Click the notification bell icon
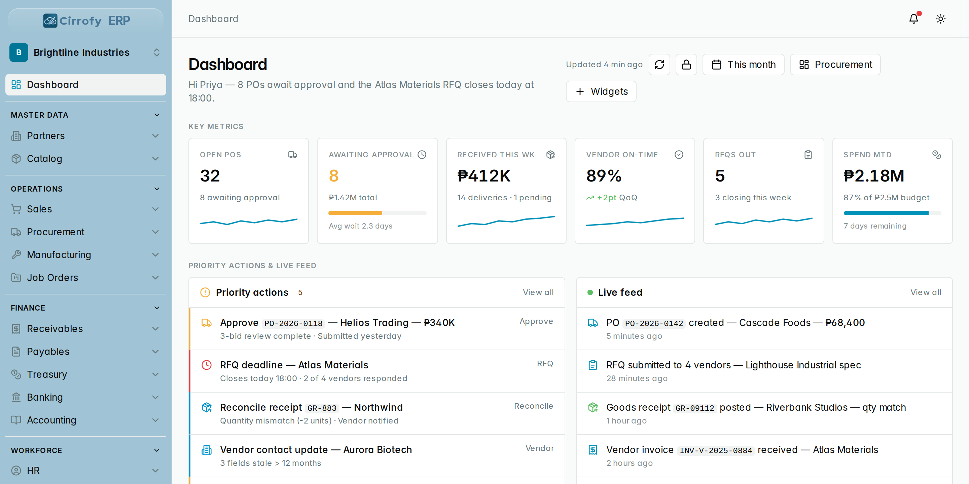point(914,19)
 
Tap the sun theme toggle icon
point(941,19)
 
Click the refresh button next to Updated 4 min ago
point(659,65)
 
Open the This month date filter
point(743,65)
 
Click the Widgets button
point(601,91)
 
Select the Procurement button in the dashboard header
point(835,65)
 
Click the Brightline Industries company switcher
point(86,52)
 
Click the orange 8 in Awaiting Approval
point(334,175)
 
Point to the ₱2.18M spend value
point(874,175)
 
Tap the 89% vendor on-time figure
point(604,175)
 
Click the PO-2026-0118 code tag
point(293,323)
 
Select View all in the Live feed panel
point(926,292)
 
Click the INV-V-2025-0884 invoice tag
point(716,450)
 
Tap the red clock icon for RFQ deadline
point(207,365)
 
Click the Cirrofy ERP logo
point(86,20)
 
